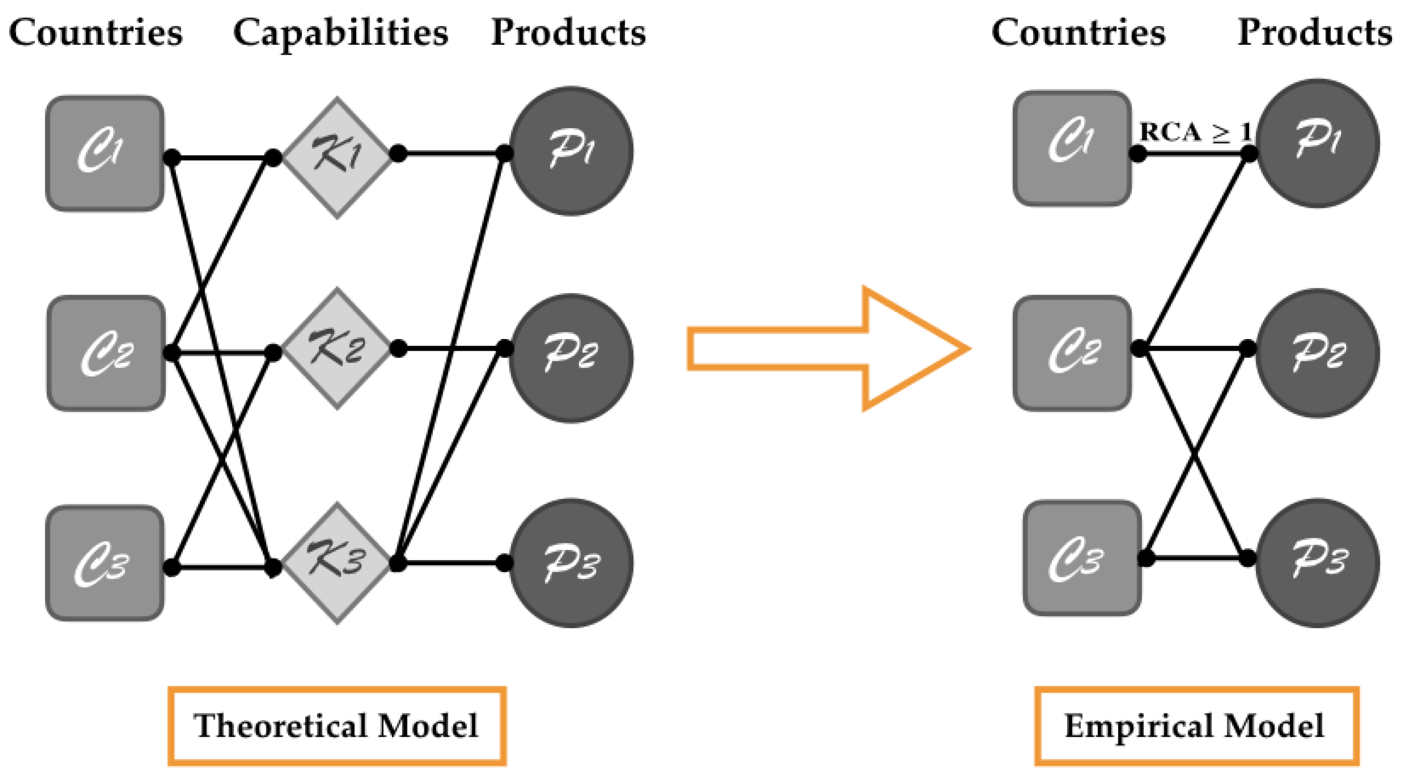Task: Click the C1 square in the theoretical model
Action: (104, 154)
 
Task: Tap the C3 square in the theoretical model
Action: (104, 563)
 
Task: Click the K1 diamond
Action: (336, 158)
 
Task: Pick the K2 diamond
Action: (336, 349)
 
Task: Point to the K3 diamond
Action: (336, 563)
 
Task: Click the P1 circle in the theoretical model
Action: (571, 151)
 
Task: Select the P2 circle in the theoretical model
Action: (571, 358)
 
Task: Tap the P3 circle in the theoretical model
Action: (571, 563)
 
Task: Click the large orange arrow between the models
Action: (828, 349)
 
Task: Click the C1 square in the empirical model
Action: (1072, 148)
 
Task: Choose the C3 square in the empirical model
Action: (1082, 559)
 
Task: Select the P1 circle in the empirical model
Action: (1318, 143)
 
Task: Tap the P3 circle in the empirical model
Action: (1318, 563)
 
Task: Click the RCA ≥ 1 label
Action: (1196, 132)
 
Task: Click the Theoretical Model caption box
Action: (336, 726)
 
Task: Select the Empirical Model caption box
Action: (1197, 726)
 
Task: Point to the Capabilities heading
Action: (341, 33)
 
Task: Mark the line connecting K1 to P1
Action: (452, 154)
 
